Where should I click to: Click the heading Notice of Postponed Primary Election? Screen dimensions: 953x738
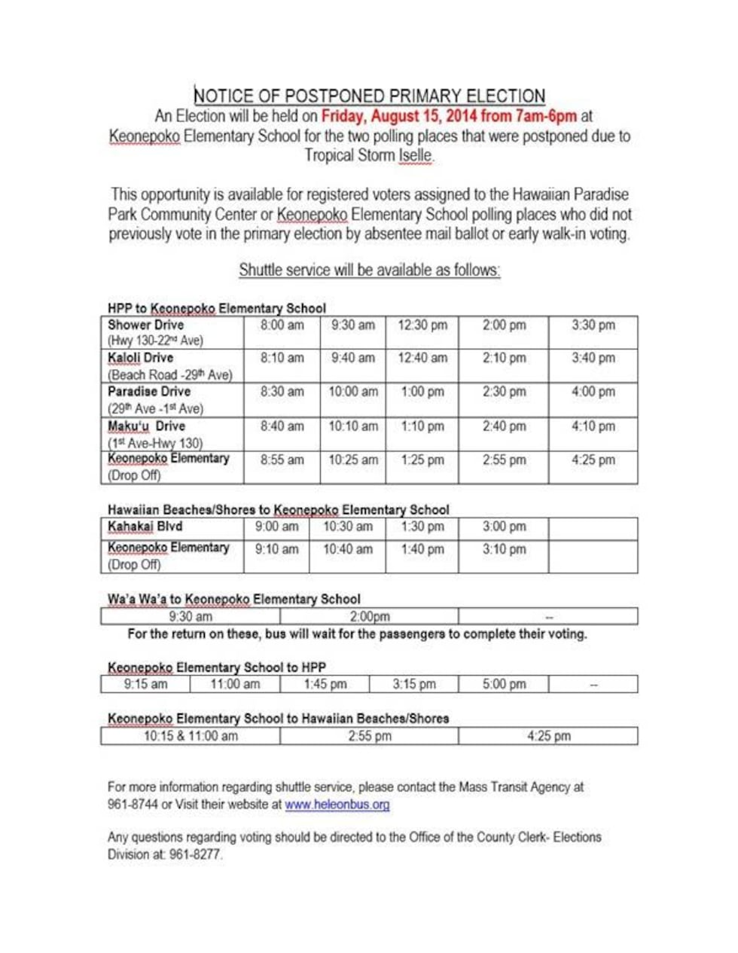coord(369,96)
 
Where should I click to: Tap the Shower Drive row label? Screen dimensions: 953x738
coord(145,325)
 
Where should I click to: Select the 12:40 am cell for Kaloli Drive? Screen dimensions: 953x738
coord(422,358)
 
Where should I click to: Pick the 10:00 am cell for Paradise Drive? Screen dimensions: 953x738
coord(352,392)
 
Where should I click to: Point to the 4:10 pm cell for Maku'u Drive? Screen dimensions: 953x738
coord(593,426)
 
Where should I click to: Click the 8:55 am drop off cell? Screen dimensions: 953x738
coord(282,460)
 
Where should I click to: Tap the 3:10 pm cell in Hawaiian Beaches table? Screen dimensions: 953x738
coord(504,549)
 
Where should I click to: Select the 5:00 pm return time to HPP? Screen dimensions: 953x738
coord(504,684)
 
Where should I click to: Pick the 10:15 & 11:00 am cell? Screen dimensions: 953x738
coord(191,736)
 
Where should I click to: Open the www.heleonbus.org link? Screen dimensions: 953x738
coord(337,805)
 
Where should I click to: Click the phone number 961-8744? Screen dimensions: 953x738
coord(133,805)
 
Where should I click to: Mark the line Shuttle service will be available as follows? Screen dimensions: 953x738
coord(369,270)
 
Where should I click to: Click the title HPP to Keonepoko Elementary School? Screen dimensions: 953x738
coord(216,307)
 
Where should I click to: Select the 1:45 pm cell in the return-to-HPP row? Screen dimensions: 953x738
coord(325,684)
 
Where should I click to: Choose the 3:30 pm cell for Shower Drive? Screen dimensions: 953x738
coord(593,325)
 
